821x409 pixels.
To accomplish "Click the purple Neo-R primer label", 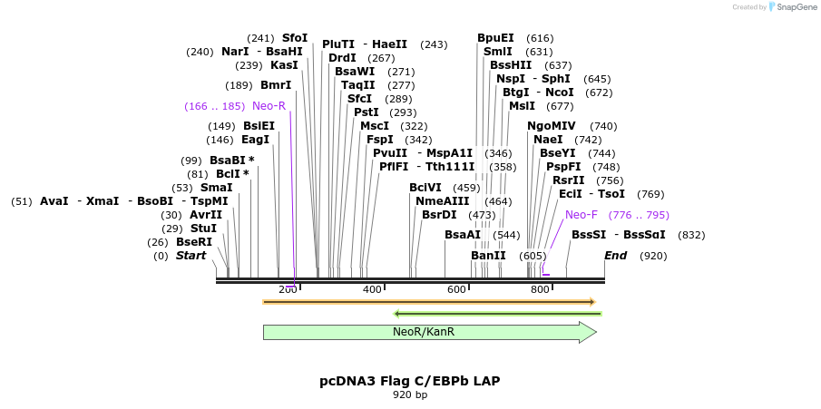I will (269, 106).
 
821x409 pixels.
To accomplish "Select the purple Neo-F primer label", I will (581, 215).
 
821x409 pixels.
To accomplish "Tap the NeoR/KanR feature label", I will (417, 332).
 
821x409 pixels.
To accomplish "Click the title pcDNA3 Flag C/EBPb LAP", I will (410, 381).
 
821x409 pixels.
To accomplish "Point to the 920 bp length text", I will (410, 395).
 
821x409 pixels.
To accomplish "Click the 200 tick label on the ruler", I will (288, 289).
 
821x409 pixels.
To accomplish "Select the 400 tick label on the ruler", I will (372, 289).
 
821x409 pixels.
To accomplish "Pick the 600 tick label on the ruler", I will (456, 289).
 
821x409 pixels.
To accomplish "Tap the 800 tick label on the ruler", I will (540, 289).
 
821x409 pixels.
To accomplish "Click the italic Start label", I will (191, 256).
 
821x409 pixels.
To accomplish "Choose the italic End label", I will (616, 256).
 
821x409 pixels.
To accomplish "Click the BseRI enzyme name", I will (193, 242).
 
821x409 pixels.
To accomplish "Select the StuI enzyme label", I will (203, 229).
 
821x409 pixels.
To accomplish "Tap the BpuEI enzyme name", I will (495, 38).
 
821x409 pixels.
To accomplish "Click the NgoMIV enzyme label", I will (552, 126).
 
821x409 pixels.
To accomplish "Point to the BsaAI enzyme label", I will (462, 235).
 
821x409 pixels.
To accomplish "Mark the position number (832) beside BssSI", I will (691, 235).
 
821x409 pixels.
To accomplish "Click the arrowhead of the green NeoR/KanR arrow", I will (588, 332).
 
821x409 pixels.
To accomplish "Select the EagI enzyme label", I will (255, 140).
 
